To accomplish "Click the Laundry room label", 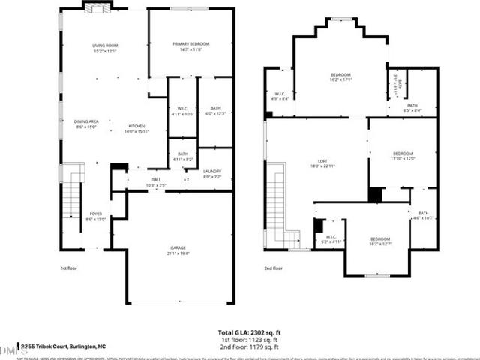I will tap(212, 175).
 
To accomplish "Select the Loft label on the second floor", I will tap(323, 163).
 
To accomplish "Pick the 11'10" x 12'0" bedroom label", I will tap(403, 155).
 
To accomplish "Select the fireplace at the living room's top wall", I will tap(96, 8).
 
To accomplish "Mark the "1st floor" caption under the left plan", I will tap(69, 268).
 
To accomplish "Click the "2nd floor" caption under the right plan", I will tap(273, 268).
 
